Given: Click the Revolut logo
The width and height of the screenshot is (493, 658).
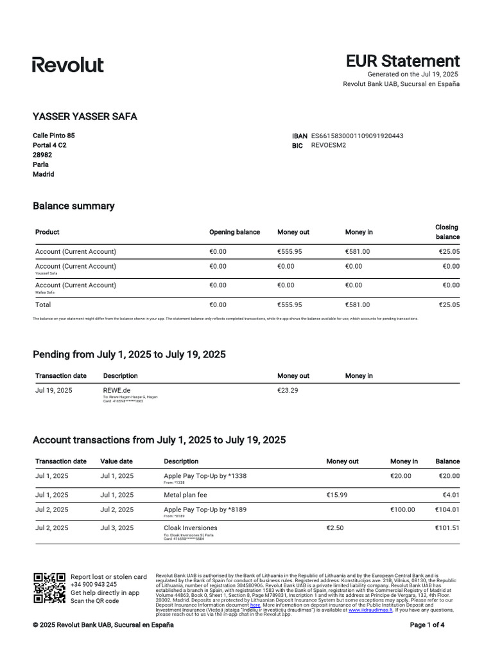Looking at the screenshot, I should coord(68,64).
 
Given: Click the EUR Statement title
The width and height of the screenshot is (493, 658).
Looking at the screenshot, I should coord(402,61).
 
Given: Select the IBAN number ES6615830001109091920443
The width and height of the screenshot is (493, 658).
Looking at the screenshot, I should coord(357,136).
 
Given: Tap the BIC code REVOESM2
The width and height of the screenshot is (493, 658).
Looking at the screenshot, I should coord(328,145).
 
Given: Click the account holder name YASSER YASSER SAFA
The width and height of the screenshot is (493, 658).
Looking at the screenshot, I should coord(85,116).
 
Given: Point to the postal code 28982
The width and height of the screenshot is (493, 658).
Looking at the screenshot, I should coord(42,155).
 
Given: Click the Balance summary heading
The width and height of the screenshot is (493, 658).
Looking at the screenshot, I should coord(73,206).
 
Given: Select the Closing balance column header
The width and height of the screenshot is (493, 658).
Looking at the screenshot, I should coord(447,232).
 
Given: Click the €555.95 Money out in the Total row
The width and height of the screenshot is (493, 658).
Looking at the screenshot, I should coord(289,305).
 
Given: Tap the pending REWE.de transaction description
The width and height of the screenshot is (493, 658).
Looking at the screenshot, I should coord(117,390).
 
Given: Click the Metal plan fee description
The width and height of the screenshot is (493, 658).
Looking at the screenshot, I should coord(186,495).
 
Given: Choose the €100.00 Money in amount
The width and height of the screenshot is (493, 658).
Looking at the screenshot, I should coord(402,510).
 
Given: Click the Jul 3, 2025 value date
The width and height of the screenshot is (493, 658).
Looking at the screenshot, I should coord(117,528).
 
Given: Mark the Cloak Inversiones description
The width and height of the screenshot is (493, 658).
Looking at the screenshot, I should coord(191,528).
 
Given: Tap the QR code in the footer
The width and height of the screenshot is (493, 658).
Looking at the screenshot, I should coord(49,588).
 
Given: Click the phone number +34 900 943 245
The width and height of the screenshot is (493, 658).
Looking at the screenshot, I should coord(94,585).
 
